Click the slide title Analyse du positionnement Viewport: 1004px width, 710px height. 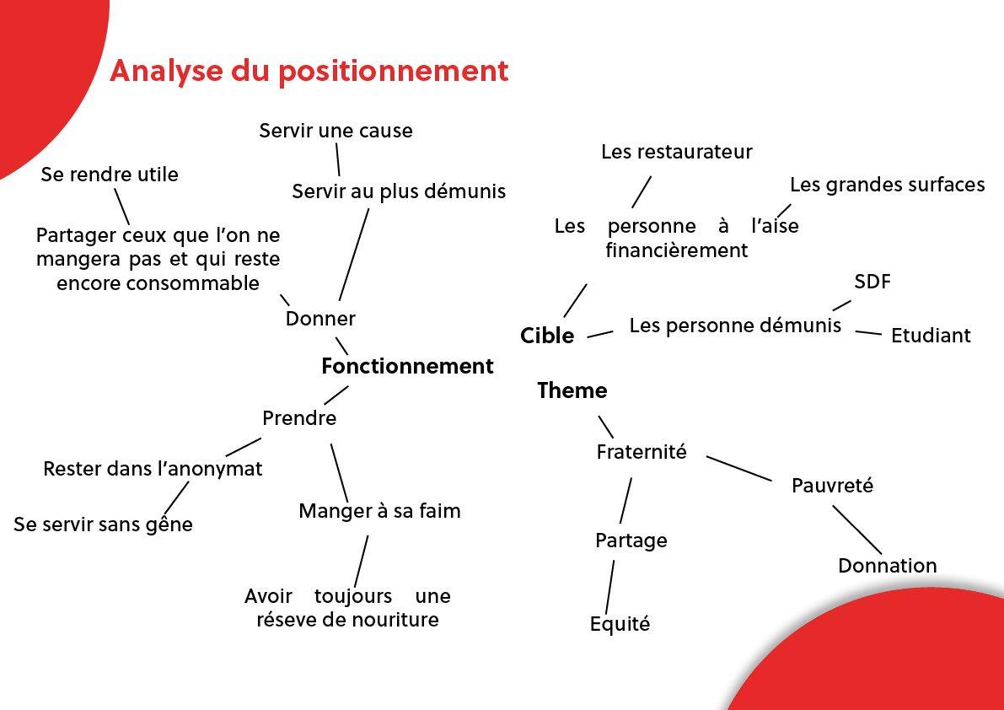point(309,72)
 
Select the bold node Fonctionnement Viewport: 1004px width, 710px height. point(407,366)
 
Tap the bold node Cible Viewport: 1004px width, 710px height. point(547,336)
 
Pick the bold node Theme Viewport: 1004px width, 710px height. point(572,390)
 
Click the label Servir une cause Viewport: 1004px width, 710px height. point(336,131)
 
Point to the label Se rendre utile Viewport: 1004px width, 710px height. point(110,175)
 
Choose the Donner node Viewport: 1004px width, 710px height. point(320,318)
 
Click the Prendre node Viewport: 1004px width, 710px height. point(299,418)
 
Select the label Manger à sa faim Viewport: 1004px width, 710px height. point(379,511)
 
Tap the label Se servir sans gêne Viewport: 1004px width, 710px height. point(103,524)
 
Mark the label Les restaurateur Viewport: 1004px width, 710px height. point(677,152)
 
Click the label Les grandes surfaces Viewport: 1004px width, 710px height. point(888,185)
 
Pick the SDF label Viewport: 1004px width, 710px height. point(872,282)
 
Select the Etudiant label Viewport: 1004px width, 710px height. point(931,336)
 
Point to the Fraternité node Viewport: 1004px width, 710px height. point(642,452)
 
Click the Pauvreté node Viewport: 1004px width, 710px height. point(832,486)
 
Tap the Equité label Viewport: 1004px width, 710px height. point(620,624)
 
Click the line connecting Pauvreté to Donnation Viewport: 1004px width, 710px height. point(856,530)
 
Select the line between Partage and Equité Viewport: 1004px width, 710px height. point(610,588)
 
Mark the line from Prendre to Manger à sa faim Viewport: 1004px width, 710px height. point(340,473)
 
